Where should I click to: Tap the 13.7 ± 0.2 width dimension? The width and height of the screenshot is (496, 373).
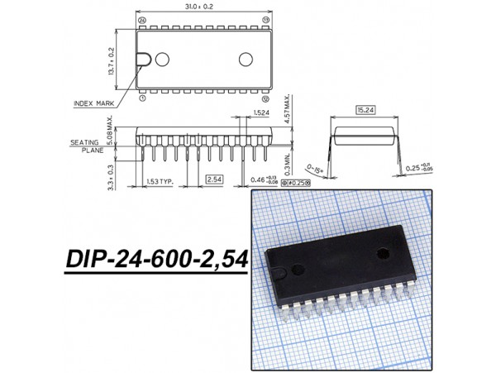(111, 59)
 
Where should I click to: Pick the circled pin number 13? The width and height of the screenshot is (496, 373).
(265, 19)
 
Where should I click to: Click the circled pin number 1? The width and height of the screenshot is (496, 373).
(142, 98)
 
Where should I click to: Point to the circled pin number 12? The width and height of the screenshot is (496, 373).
(265, 98)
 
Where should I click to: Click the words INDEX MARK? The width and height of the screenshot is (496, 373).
(96, 103)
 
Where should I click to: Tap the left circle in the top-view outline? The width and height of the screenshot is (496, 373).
(162, 59)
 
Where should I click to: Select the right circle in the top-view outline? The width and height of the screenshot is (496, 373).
(246, 59)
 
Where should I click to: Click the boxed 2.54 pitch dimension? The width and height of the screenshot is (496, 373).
(213, 179)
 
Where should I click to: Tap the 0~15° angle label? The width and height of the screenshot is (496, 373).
(314, 168)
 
